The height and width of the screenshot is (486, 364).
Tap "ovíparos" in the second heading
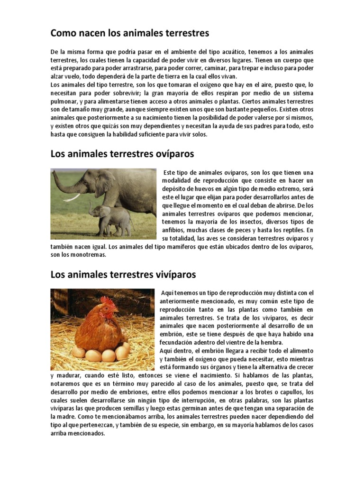click(x=172, y=154)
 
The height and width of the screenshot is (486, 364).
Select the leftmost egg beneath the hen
click(x=78, y=353)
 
